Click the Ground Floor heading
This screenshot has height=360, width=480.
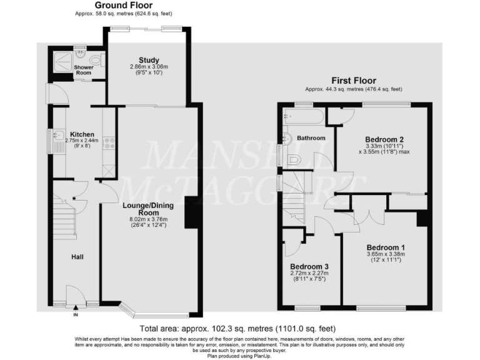tap(123, 5)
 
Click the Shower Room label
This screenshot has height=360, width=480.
tap(84, 70)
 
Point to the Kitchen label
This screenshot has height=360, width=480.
tap(82, 134)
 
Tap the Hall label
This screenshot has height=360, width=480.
tap(77, 256)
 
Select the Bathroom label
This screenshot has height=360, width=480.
tap(311, 137)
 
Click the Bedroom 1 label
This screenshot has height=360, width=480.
tap(386, 246)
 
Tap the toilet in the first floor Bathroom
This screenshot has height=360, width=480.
tap(295, 161)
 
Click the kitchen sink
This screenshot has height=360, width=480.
tap(56, 136)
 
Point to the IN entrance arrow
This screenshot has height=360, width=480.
tap(76, 307)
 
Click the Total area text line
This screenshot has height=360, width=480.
tap(237, 329)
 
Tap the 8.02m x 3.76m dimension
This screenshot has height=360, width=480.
tap(148, 219)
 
